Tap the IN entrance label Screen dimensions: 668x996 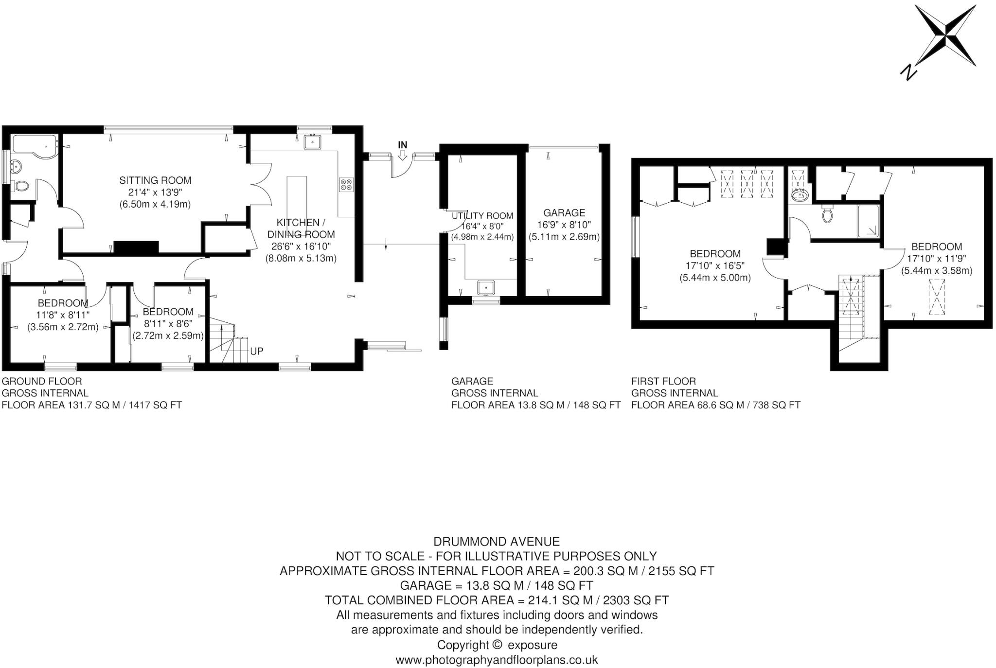tap(402, 145)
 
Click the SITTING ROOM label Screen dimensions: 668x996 tap(155, 180)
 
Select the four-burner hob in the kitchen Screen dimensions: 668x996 tap(347, 185)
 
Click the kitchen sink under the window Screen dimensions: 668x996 tap(311, 142)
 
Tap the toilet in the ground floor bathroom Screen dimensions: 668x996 tap(20, 186)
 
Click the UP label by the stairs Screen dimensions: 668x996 tap(256, 351)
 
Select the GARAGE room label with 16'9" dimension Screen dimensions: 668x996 tap(564, 213)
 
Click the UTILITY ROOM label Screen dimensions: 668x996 tap(482, 216)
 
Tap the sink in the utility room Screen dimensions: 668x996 tap(486, 288)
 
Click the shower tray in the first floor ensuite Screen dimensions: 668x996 tap(868, 222)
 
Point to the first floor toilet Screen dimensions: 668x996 tap(827, 214)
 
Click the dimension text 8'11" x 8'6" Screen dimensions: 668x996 tap(168, 323)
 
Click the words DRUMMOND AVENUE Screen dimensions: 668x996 tap(496, 541)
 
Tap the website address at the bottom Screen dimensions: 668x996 tap(496, 660)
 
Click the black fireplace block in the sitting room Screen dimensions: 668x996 tap(136, 247)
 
